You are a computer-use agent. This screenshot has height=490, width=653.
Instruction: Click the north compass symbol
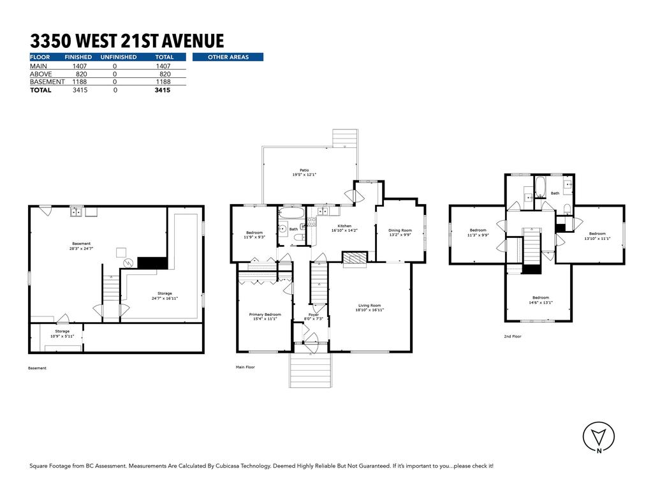(599, 437)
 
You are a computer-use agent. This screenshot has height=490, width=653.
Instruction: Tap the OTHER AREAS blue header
(228, 57)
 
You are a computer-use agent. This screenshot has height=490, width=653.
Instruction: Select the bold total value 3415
(162, 90)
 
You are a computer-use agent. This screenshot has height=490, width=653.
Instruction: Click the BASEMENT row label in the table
(47, 82)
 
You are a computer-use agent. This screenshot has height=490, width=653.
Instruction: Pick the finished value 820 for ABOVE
(81, 73)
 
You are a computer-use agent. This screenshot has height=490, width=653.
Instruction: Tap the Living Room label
(369, 308)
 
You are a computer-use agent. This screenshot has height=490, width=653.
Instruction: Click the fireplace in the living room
(355, 257)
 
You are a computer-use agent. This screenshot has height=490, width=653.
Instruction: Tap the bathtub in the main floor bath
(293, 213)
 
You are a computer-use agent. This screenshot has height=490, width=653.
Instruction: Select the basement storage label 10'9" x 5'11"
(62, 334)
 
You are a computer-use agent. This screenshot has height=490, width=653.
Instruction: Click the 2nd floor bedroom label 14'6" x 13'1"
(541, 300)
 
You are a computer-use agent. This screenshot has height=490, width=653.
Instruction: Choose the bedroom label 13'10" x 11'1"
(597, 236)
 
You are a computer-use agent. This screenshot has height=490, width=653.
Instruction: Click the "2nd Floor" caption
(512, 336)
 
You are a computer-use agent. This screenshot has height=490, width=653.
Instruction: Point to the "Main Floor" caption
(246, 367)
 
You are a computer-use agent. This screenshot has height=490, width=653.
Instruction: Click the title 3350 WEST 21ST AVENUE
(127, 41)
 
